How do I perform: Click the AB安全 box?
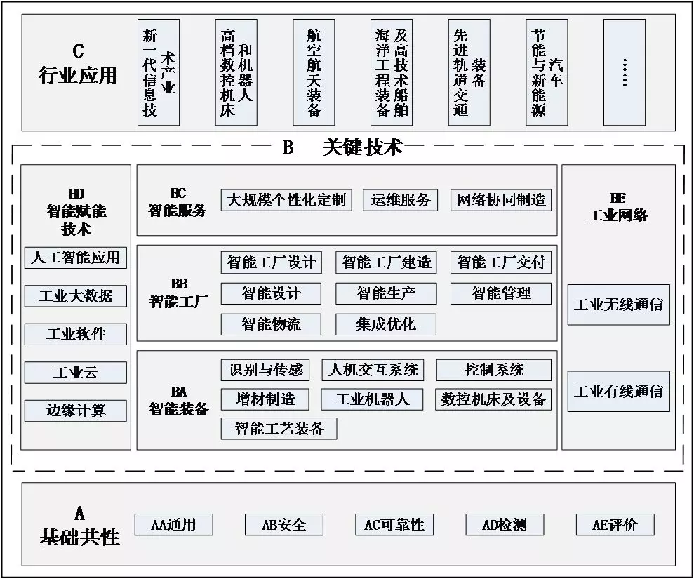(284, 524)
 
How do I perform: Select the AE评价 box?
(615, 524)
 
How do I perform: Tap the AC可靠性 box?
(394, 524)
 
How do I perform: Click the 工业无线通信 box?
(619, 305)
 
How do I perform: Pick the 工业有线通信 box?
(619, 392)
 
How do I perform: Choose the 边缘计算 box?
(76, 411)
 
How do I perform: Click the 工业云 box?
(76, 372)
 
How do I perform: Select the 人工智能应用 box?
(76, 258)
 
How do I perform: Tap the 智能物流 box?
(271, 324)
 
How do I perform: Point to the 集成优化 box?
(386, 324)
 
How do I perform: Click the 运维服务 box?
(401, 200)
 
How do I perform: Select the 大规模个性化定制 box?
(286, 200)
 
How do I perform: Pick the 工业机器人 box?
(372, 399)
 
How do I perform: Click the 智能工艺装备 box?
(279, 429)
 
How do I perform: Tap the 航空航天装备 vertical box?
(314, 72)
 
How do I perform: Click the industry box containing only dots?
(625, 72)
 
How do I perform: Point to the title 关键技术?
(363, 147)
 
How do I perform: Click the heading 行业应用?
(77, 75)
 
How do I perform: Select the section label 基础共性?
(80, 537)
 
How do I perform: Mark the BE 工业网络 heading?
(618, 207)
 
